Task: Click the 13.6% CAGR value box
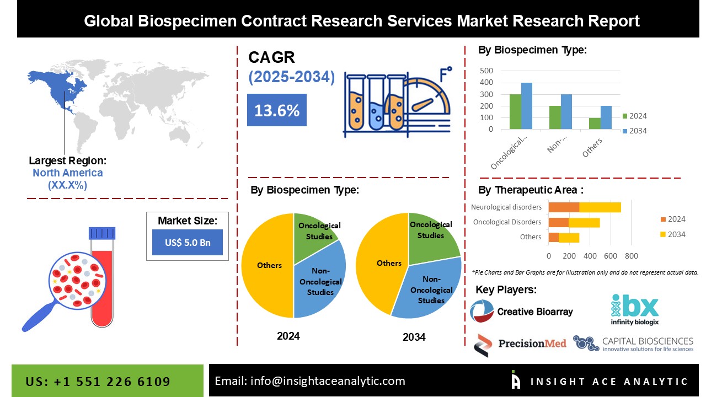pyautogui.click(x=276, y=110)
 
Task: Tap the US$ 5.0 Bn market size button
pyautogui.click(x=187, y=243)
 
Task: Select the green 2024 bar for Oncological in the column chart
pyautogui.click(x=515, y=112)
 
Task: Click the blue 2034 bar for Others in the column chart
pyautogui.click(x=606, y=118)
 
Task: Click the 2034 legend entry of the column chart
pyautogui.click(x=634, y=131)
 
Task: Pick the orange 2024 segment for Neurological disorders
pyautogui.click(x=564, y=207)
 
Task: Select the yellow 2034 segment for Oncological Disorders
pyautogui.click(x=584, y=222)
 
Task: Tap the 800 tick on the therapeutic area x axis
pyautogui.click(x=632, y=256)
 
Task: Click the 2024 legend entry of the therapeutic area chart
pyautogui.click(x=672, y=219)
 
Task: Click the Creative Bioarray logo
pyautogui.click(x=521, y=312)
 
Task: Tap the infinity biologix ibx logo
pyautogui.click(x=634, y=309)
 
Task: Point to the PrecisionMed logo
pyautogui.click(x=520, y=344)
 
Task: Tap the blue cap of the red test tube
pyautogui.click(x=102, y=233)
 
